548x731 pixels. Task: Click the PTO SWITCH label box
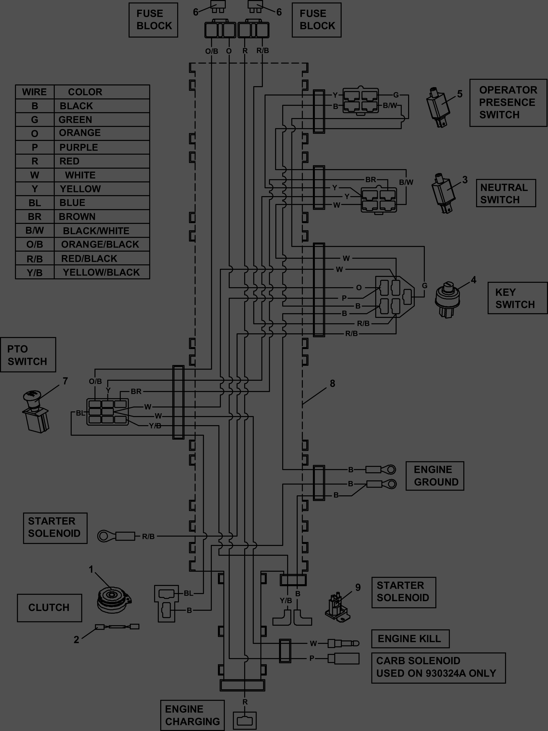pyautogui.click(x=28, y=355)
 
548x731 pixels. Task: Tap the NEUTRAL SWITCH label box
pyautogui.click(x=506, y=193)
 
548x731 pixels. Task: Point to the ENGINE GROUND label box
pyautogui.click(x=435, y=476)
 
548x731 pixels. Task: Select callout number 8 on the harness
pyautogui.click(x=332, y=383)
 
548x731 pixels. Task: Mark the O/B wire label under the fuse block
pyautogui.click(x=211, y=51)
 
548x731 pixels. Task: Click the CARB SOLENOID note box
pyautogui.click(x=438, y=668)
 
